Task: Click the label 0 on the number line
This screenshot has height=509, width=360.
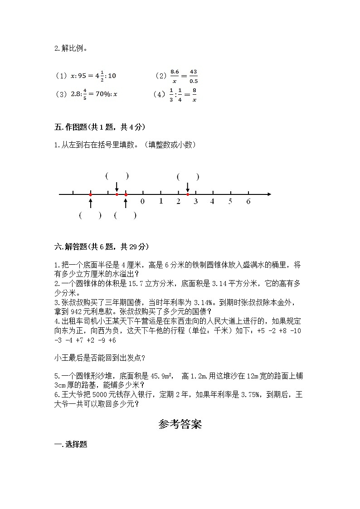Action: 143,201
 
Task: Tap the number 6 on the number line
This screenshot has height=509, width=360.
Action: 248,201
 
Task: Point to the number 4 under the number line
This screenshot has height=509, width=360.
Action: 212,201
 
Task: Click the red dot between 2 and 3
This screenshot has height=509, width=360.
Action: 188,194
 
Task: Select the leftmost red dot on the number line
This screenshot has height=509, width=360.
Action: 91,194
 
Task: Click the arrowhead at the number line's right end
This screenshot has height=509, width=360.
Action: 269,194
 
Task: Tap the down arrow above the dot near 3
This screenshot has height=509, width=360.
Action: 188,187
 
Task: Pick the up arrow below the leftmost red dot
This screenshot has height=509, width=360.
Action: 91,202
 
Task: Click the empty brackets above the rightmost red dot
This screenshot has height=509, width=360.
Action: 188,177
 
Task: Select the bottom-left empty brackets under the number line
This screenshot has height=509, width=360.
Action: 90,216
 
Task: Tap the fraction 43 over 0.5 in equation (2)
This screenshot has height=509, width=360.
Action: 194,76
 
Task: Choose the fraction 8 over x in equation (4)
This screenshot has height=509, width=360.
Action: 194,95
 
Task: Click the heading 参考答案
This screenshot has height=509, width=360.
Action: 180,424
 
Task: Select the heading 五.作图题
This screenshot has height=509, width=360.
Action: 99,127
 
